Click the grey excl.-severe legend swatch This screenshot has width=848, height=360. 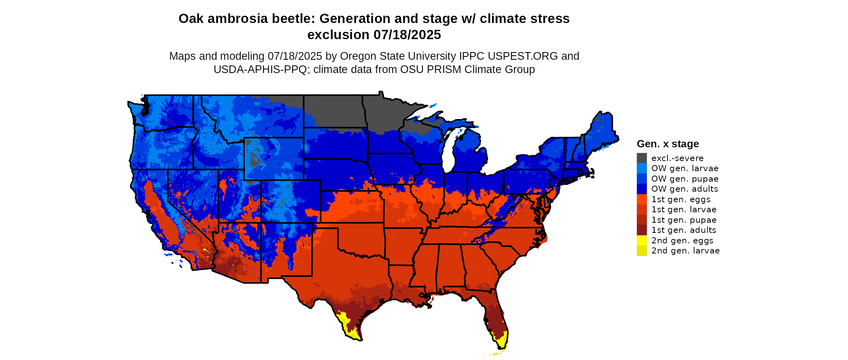click(x=642, y=158)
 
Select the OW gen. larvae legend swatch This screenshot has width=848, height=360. click(x=642, y=168)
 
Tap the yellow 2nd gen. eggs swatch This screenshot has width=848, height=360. click(x=642, y=241)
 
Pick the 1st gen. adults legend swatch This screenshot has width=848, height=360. click(x=642, y=230)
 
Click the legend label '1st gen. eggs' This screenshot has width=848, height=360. click(x=680, y=199)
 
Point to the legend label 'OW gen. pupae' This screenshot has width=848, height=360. click(x=684, y=179)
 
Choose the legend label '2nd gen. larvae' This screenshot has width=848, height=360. click(x=685, y=251)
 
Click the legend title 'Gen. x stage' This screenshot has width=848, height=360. click(x=667, y=144)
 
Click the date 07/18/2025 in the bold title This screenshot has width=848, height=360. click(x=407, y=35)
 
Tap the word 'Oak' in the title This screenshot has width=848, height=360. click(x=191, y=19)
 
